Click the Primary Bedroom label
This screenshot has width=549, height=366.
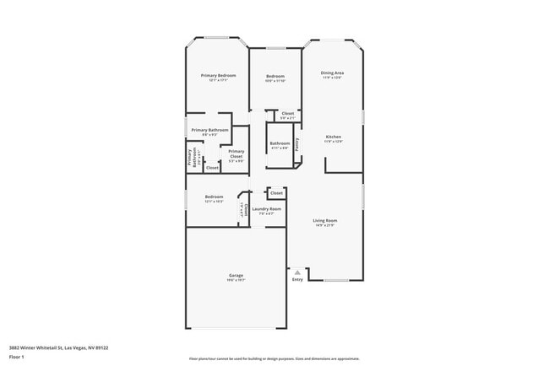pos(218,76)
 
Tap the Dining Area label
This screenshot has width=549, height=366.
pos(332,73)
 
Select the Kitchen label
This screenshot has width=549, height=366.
pos(334,137)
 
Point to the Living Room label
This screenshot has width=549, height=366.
pos(325,221)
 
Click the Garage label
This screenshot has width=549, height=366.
pos(236,276)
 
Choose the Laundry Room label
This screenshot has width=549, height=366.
pos(266,208)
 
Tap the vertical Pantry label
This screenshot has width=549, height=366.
pos(296,143)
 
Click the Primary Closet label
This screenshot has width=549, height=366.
pos(236,153)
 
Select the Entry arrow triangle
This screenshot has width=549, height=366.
pos(297,272)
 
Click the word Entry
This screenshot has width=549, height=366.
pos(297,279)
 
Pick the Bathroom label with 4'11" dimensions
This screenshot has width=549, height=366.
pos(280,143)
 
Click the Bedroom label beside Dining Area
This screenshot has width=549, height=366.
pos(275,76)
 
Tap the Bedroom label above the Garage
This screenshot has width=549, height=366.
pos(214,197)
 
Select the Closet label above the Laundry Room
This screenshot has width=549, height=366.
pos(276,193)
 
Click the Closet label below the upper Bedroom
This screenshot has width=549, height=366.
pos(287,113)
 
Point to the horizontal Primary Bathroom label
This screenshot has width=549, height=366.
pos(209,130)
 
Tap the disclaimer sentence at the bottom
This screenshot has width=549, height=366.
pos(274,358)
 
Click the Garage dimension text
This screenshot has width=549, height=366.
pos(236,281)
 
